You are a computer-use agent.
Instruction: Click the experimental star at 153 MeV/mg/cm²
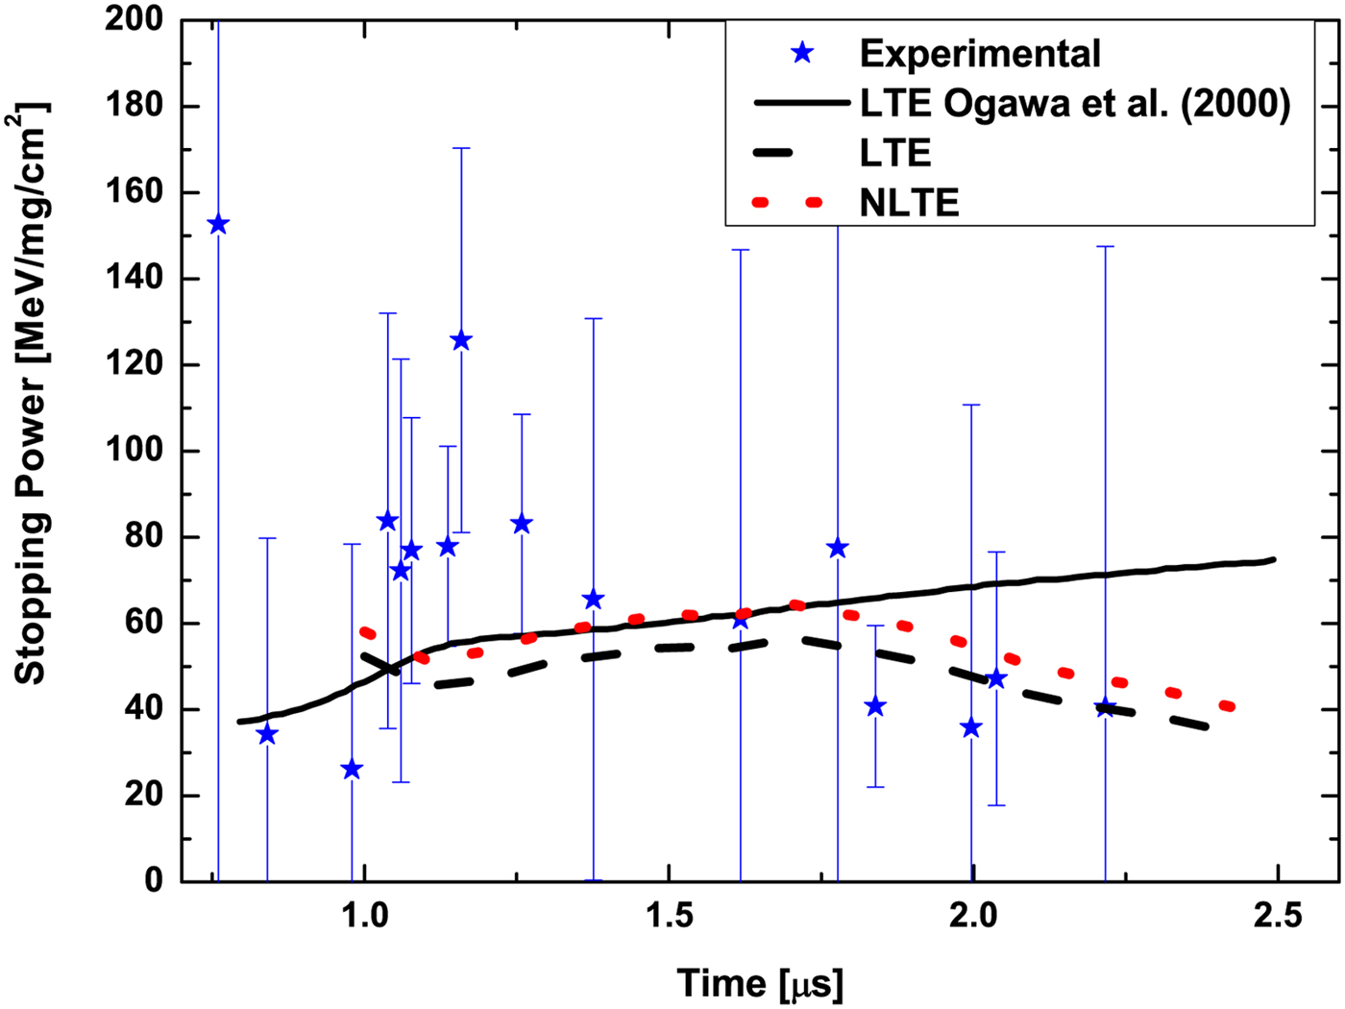[x=218, y=225]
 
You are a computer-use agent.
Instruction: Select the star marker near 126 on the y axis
[x=461, y=340]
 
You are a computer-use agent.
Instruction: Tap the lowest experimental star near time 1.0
[x=352, y=769]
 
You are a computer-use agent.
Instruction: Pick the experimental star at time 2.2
[x=1106, y=708]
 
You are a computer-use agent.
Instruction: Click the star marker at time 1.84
[x=875, y=706]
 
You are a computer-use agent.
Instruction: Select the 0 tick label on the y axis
[x=154, y=880]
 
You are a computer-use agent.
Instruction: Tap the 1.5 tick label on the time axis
[x=669, y=916]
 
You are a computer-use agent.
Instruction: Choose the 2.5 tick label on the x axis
[x=1278, y=916]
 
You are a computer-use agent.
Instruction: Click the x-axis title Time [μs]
[x=760, y=983]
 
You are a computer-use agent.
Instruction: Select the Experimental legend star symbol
[x=801, y=53]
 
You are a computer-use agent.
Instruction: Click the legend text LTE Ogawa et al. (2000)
[x=1074, y=103]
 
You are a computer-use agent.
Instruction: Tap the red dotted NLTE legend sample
[x=788, y=203]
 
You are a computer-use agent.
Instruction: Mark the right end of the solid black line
[x=1274, y=559]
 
